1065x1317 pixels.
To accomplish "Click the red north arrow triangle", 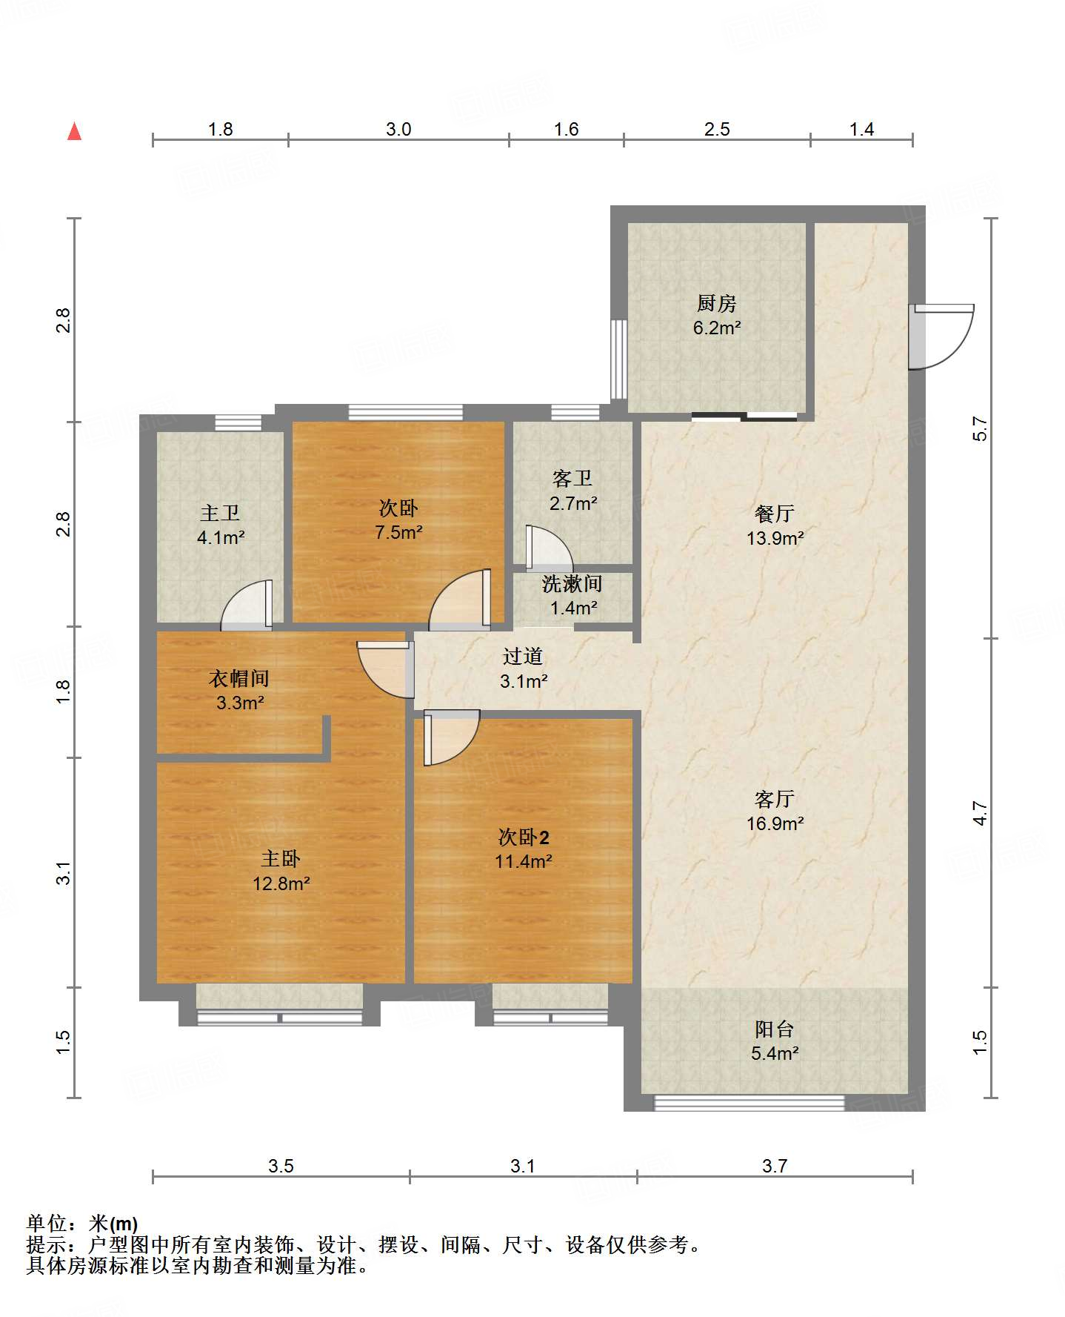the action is pos(74,131).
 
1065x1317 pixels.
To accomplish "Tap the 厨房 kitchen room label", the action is pos(716,303).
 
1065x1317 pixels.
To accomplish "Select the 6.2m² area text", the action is pos(717,328).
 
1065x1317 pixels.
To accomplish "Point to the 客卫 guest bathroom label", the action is pos(572,478).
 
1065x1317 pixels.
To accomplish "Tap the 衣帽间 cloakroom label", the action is pos(239,678).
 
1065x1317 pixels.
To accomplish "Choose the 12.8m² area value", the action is pos(281,883).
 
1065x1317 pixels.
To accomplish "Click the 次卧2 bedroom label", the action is pos(524,837).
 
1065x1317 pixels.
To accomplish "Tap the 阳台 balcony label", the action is pos(775,1029).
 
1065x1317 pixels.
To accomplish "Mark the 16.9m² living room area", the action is pos(775,823).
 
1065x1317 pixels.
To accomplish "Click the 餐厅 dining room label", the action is pos(775,513).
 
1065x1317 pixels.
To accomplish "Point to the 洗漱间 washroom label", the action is pos(572,584).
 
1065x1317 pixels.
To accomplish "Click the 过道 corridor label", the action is pos(523,656).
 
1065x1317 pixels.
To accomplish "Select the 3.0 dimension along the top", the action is pos(398,129).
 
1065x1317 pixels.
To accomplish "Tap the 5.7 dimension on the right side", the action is pos(980,428).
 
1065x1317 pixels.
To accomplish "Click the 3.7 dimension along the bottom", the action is pos(775,1166).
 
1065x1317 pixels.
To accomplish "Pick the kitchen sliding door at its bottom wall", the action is pos(744,417).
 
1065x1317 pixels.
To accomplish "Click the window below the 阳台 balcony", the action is pos(749,1103).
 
